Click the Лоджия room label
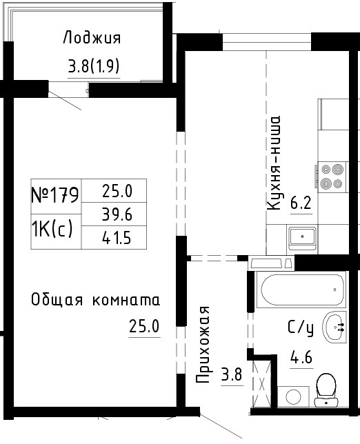pos(92,38)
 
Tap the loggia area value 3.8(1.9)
pos(94,66)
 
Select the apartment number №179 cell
pos(55,195)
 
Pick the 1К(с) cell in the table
pos(52,229)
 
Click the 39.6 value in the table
pos(117,214)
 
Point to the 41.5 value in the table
pos(117,238)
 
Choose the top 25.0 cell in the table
pos(117,191)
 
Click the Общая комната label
pos(95,300)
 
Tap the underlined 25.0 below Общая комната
pos(144,326)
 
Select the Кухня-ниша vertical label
pos(274,163)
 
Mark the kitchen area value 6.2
pos(301,203)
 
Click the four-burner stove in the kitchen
pos(332,176)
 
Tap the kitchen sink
pos(302,237)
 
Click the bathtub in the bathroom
pos(301,290)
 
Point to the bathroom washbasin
pos(334,327)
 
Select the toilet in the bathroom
pos(326,390)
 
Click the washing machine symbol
pos(293,396)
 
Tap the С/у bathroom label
pos(301,328)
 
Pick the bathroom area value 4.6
pos(301,357)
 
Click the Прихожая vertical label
pos(203,345)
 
